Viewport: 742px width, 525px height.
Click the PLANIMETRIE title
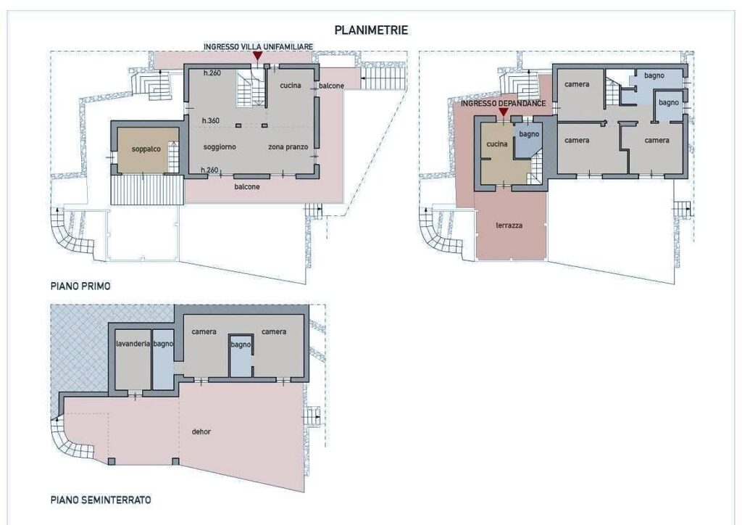[371, 30]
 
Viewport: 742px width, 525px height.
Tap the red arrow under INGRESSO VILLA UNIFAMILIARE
[257, 56]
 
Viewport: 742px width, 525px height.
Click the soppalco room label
[146, 149]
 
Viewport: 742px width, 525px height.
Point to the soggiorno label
[220, 147]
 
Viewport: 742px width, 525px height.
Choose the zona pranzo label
[288, 147]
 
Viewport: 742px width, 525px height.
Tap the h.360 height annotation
[211, 120]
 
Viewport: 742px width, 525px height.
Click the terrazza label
[509, 226]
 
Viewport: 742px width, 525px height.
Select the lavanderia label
[133, 344]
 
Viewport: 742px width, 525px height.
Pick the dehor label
[201, 431]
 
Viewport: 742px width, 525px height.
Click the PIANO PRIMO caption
[80, 286]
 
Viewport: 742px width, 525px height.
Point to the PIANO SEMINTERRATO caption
[101, 500]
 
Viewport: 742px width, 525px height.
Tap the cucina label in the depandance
[497, 144]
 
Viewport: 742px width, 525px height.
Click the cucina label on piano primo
[291, 86]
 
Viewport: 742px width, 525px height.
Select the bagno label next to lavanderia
[163, 344]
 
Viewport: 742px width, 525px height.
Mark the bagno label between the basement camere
[241, 344]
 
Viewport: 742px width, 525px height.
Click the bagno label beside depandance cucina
[529, 134]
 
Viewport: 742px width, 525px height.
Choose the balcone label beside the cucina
[331, 86]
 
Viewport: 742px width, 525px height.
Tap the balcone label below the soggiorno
[247, 187]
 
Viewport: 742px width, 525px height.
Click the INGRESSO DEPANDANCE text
[503, 103]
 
